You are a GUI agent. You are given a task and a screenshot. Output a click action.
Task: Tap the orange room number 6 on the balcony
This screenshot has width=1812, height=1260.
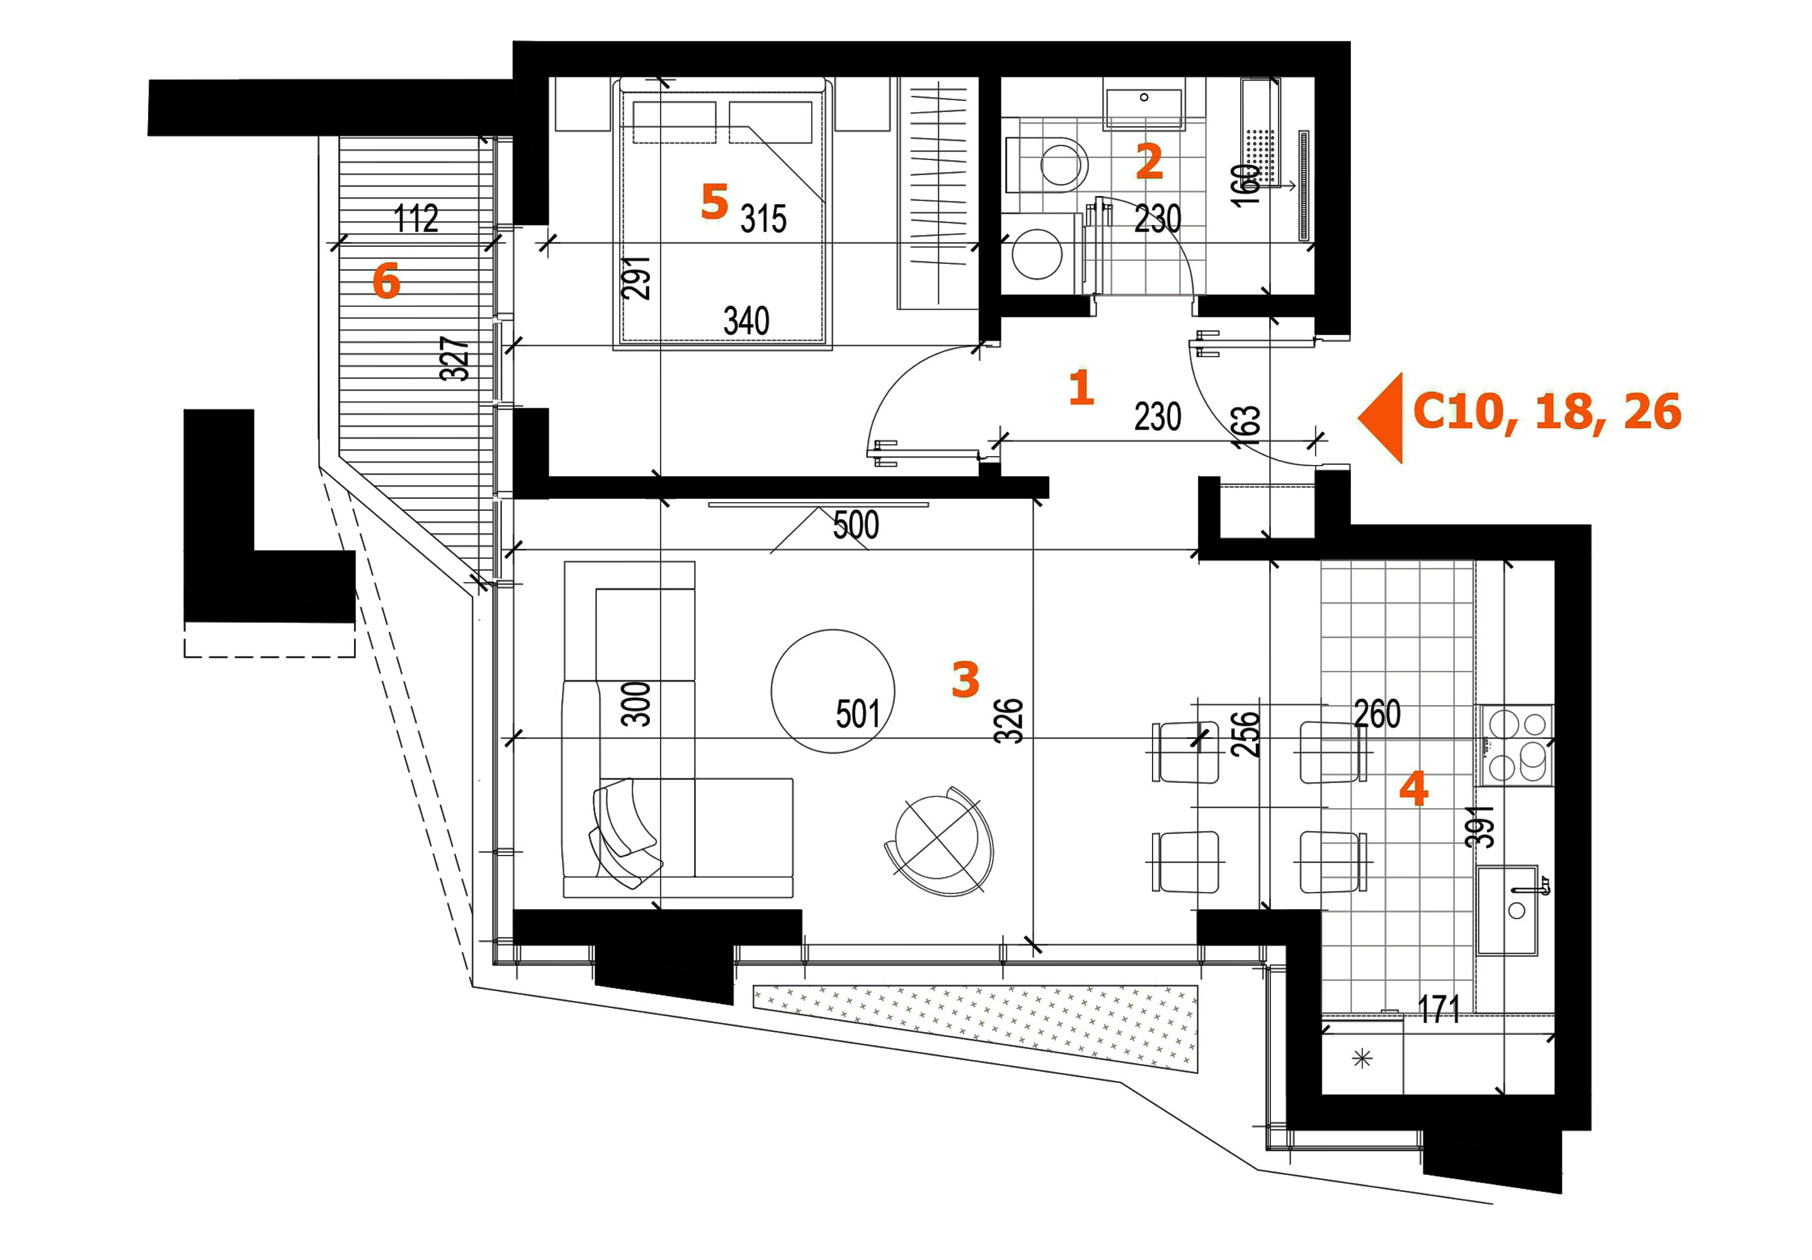[x=386, y=281]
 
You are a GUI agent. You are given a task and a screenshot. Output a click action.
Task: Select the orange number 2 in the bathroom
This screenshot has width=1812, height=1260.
[x=1149, y=161]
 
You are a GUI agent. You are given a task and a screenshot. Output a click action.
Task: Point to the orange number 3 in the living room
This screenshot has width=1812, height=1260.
[x=965, y=680]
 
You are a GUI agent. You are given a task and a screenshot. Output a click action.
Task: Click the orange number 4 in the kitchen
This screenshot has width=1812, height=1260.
[x=1413, y=789]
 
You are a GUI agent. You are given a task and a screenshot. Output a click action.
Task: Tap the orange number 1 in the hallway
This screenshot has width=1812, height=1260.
[x=1081, y=387]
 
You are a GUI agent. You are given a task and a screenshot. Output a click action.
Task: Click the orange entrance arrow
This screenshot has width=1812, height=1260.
[x=1381, y=418]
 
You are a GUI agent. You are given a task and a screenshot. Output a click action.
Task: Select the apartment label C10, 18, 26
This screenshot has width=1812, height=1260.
[x=1547, y=412]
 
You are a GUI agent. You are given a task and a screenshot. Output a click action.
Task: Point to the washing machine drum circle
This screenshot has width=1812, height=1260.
[x=1037, y=255]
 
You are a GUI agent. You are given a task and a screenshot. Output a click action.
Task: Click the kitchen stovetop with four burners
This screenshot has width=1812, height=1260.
[x=1517, y=745]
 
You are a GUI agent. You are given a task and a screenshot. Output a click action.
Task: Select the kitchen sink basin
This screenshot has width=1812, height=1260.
[x=1507, y=910]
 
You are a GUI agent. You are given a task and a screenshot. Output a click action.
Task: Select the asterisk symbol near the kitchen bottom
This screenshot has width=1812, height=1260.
[x=1362, y=1058]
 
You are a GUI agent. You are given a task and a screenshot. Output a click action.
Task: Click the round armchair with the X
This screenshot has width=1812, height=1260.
[x=939, y=842]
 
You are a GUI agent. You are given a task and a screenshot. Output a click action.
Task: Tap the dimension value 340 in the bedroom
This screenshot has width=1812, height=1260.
[x=746, y=321]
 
